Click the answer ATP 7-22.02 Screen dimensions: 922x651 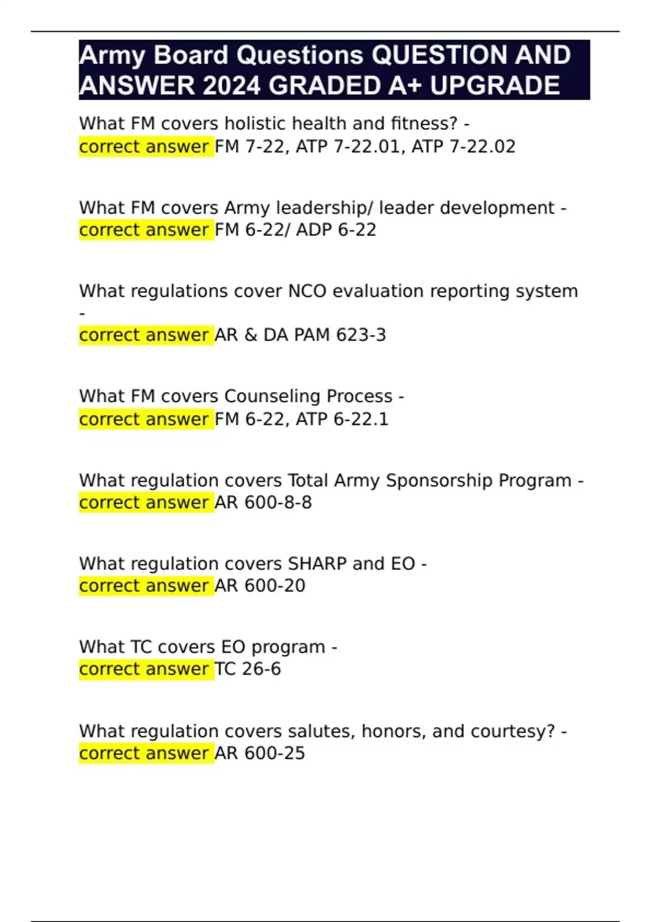(463, 146)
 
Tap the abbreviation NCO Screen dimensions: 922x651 (307, 291)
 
